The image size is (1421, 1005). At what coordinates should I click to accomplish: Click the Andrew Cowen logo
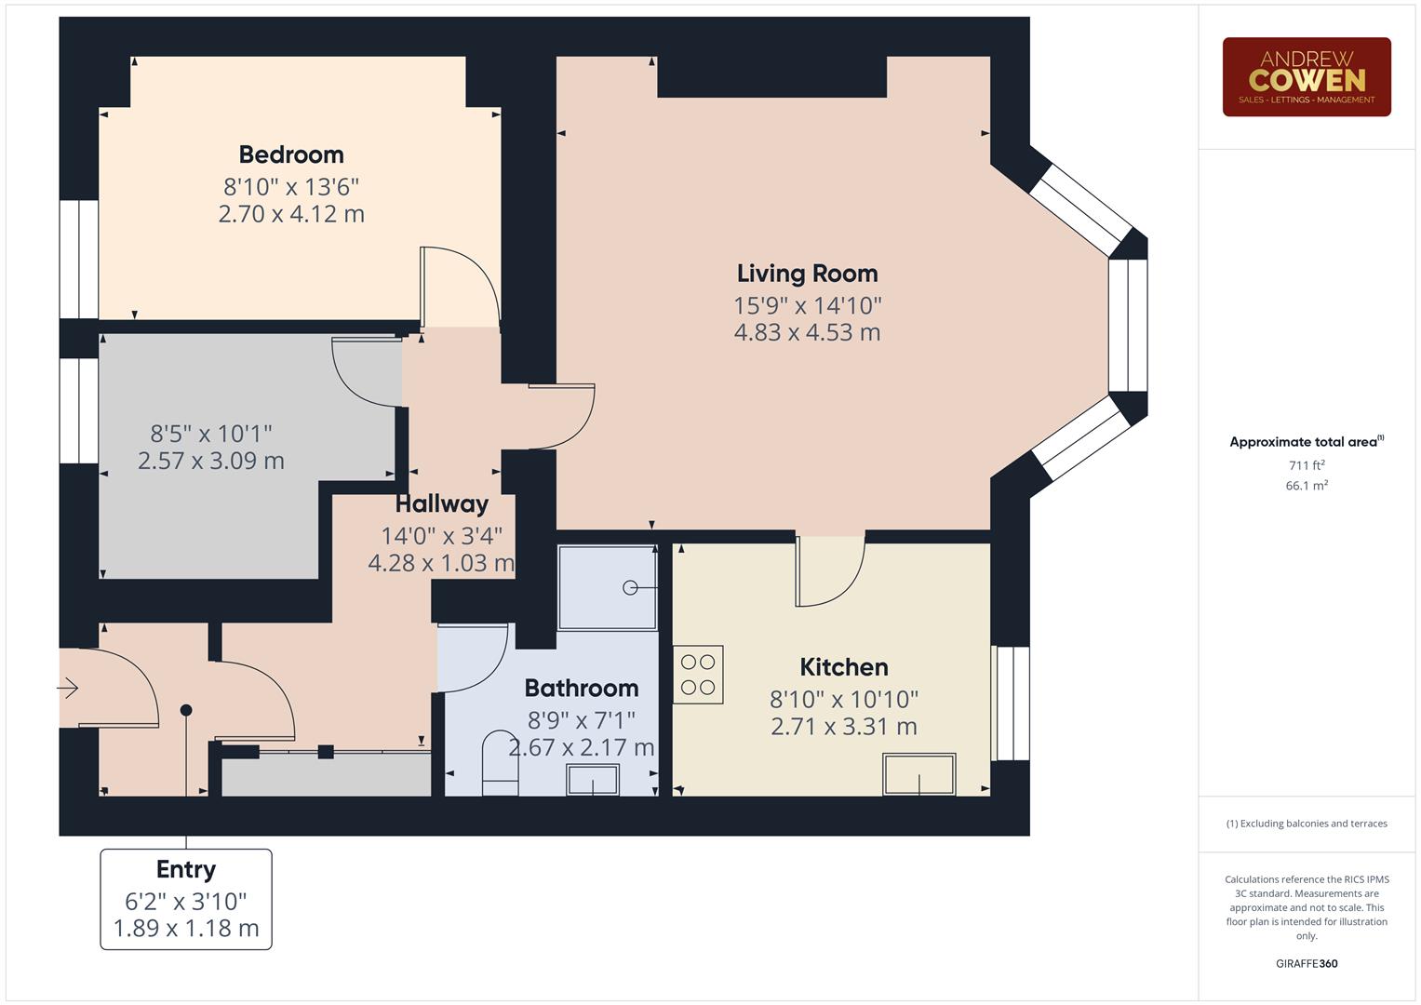1306,77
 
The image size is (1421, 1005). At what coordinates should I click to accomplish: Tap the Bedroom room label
291,154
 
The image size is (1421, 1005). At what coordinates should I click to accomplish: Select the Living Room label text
807,274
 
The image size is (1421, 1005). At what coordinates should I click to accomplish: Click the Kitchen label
844,667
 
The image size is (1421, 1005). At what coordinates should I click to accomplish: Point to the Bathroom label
582,688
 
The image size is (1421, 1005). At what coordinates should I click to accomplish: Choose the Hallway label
441,504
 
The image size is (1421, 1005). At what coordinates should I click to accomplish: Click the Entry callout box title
186,869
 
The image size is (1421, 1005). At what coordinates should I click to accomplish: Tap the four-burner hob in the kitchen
698,675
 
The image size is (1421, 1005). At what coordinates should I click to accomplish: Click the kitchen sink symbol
919,774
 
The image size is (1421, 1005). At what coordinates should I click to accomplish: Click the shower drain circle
630,587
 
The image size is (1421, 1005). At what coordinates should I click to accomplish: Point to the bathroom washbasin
593,780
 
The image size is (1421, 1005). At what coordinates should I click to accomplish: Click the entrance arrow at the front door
68,689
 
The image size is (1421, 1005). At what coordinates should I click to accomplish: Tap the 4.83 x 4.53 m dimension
807,332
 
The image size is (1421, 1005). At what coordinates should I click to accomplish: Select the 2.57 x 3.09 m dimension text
211,461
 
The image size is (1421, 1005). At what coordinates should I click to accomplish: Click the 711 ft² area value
1307,465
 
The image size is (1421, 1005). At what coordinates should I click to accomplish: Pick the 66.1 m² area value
1307,486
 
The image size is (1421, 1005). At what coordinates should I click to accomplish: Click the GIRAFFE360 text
1307,963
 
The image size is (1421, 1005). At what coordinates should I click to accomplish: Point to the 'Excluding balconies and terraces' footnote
1307,824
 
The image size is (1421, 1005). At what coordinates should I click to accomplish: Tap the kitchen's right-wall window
1012,703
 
